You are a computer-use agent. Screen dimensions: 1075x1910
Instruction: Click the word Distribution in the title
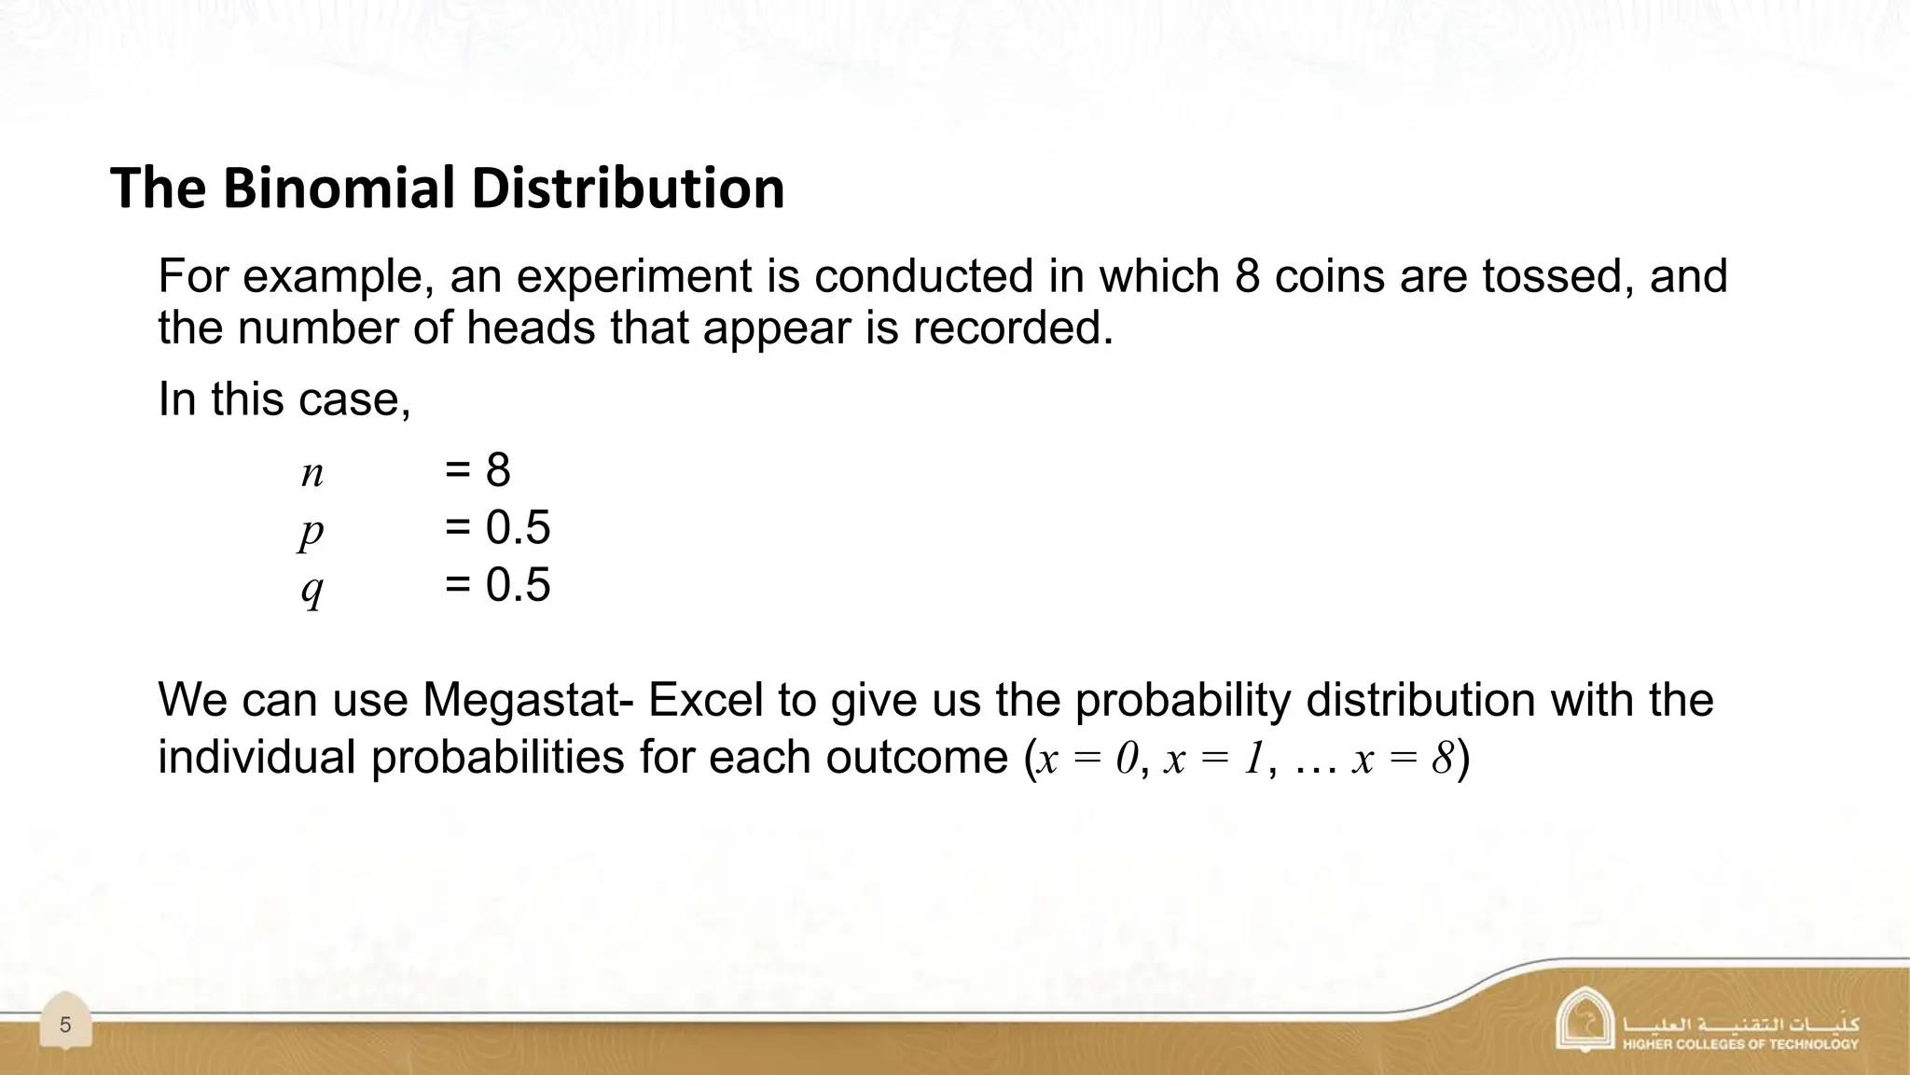[x=628, y=188]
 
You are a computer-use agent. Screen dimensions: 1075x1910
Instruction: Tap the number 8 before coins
[x=1247, y=276]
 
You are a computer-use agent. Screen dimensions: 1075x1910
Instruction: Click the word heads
[x=530, y=328]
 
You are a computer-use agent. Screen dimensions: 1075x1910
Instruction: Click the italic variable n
[x=312, y=473]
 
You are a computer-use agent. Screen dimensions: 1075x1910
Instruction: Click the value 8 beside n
[x=498, y=469]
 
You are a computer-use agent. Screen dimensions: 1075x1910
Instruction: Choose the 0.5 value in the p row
[x=518, y=528]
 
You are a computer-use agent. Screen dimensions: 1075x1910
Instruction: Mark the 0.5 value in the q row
[x=518, y=586]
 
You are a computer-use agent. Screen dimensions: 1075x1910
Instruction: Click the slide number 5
[x=65, y=1026]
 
